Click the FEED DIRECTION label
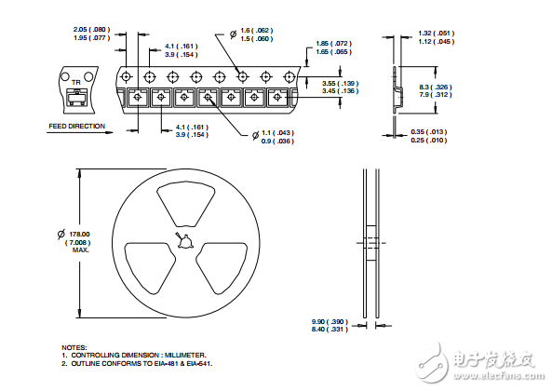click(77, 126)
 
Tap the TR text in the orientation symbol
click(75, 82)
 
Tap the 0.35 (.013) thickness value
click(429, 131)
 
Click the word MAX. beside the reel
click(80, 250)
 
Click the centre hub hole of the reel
click(186, 244)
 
